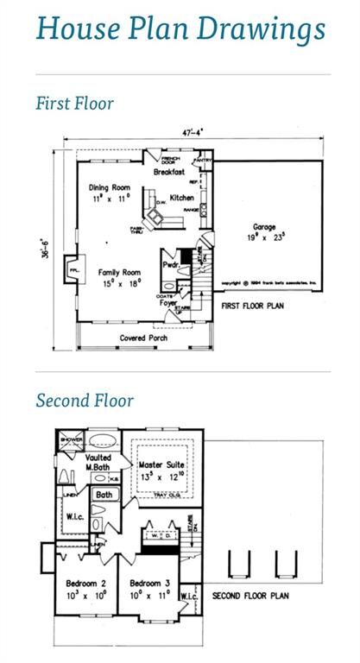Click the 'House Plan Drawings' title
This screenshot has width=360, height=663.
pos(180,28)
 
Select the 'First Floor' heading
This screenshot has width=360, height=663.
pos(74,104)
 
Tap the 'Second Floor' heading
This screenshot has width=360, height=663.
pos(85,401)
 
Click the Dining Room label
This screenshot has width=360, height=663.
pos(109,188)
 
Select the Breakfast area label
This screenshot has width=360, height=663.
pos(169,172)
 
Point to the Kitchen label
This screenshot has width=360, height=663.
pos(181,198)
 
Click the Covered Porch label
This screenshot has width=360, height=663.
pos(143,338)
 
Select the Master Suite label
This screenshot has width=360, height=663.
pos(162,466)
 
